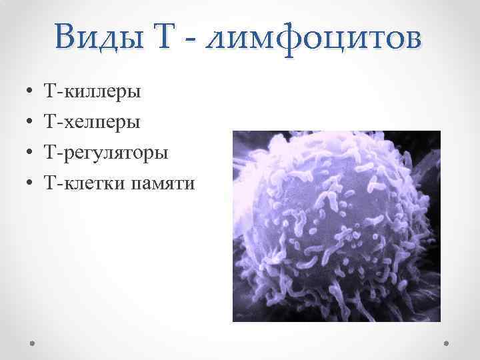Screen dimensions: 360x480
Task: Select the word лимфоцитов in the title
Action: click(315, 36)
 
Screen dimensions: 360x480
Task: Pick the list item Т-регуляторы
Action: click(105, 153)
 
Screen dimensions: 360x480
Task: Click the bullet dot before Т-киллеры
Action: click(31, 91)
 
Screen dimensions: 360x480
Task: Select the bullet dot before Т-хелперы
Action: click(31, 122)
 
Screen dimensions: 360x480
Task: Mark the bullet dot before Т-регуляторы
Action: click(31, 153)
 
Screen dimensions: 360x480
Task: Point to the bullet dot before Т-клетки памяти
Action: click(31, 184)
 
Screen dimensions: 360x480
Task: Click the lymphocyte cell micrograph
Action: click(336, 226)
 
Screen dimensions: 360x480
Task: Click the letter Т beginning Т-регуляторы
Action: click(48, 153)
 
